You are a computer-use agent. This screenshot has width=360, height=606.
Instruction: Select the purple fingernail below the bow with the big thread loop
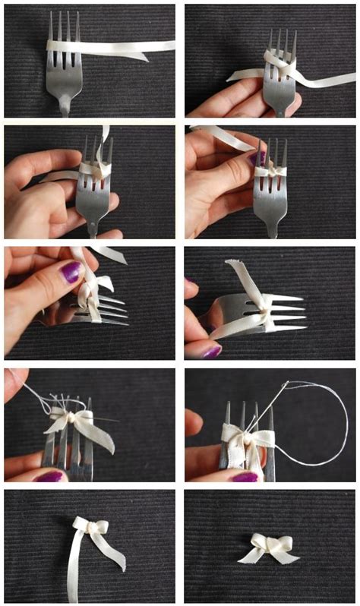point(245,476)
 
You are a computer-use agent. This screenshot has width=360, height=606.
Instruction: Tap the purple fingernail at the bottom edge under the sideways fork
point(211,351)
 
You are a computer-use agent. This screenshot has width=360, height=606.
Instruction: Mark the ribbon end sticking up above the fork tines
point(105,134)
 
